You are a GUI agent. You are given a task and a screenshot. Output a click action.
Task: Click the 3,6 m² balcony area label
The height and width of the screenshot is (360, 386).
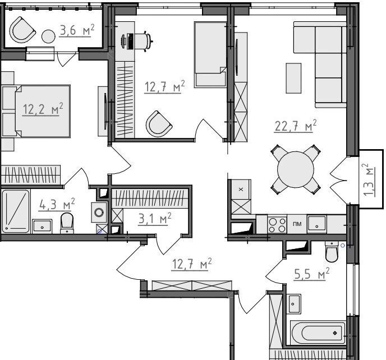pyautogui.click(x=77, y=31)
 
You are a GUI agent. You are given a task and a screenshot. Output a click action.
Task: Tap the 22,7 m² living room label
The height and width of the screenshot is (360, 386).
pyautogui.click(x=296, y=126)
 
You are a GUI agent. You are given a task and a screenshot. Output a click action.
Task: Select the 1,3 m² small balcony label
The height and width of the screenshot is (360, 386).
pyautogui.click(x=369, y=179)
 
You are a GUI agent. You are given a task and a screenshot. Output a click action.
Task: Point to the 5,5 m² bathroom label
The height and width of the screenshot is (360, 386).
pyautogui.click(x=311, y=274)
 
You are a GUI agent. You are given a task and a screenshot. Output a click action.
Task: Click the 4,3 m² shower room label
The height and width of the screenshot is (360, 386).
pyautogui.click(x=57, y=205)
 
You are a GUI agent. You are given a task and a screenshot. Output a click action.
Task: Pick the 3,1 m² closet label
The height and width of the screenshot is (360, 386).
pyautogui.click(x=155, y=219)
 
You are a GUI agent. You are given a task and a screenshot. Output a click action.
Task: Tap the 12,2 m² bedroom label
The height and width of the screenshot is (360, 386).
pyautogui.click(x=43, y=109)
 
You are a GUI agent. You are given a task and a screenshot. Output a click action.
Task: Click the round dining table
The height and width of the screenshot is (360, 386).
pyautogui.click(x=296, y=169)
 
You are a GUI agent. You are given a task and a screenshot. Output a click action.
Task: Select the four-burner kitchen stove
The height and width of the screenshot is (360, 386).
pyautogui.click(x=277, y=225)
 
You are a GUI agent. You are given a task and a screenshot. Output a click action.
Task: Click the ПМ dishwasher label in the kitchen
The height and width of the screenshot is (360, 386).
pyautogui.click(x=297, y=224)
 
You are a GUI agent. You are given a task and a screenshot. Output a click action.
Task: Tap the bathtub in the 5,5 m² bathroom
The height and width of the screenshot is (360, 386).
pyautogui.click(x=318, y=333)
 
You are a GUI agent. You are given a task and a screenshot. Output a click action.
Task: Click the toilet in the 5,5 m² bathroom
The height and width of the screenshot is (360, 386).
pyautogui.click(x=332, y=251)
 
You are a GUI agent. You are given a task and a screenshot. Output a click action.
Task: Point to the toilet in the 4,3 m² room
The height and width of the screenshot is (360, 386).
pyautogui.click(x=67, y=223)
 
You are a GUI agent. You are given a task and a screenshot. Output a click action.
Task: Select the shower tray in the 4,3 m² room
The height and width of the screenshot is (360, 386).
pyautogui.click(x=16, y=211)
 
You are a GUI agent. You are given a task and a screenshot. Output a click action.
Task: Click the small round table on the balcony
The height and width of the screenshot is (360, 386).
pyautogui.click(x=48, y=36)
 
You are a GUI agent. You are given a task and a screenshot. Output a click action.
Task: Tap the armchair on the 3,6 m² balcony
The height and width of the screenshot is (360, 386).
pyautogui.click(x=22, y=30)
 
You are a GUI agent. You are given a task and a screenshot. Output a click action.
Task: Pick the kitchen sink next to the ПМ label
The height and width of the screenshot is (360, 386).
pyautogui.click(x=317, y=224)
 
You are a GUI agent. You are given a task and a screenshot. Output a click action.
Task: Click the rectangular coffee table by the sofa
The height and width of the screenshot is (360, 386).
pyautogui.click(x=293, y=79)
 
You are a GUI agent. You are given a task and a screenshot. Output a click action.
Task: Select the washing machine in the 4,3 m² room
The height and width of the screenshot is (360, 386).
pyautogui.click(x=99, y=213)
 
